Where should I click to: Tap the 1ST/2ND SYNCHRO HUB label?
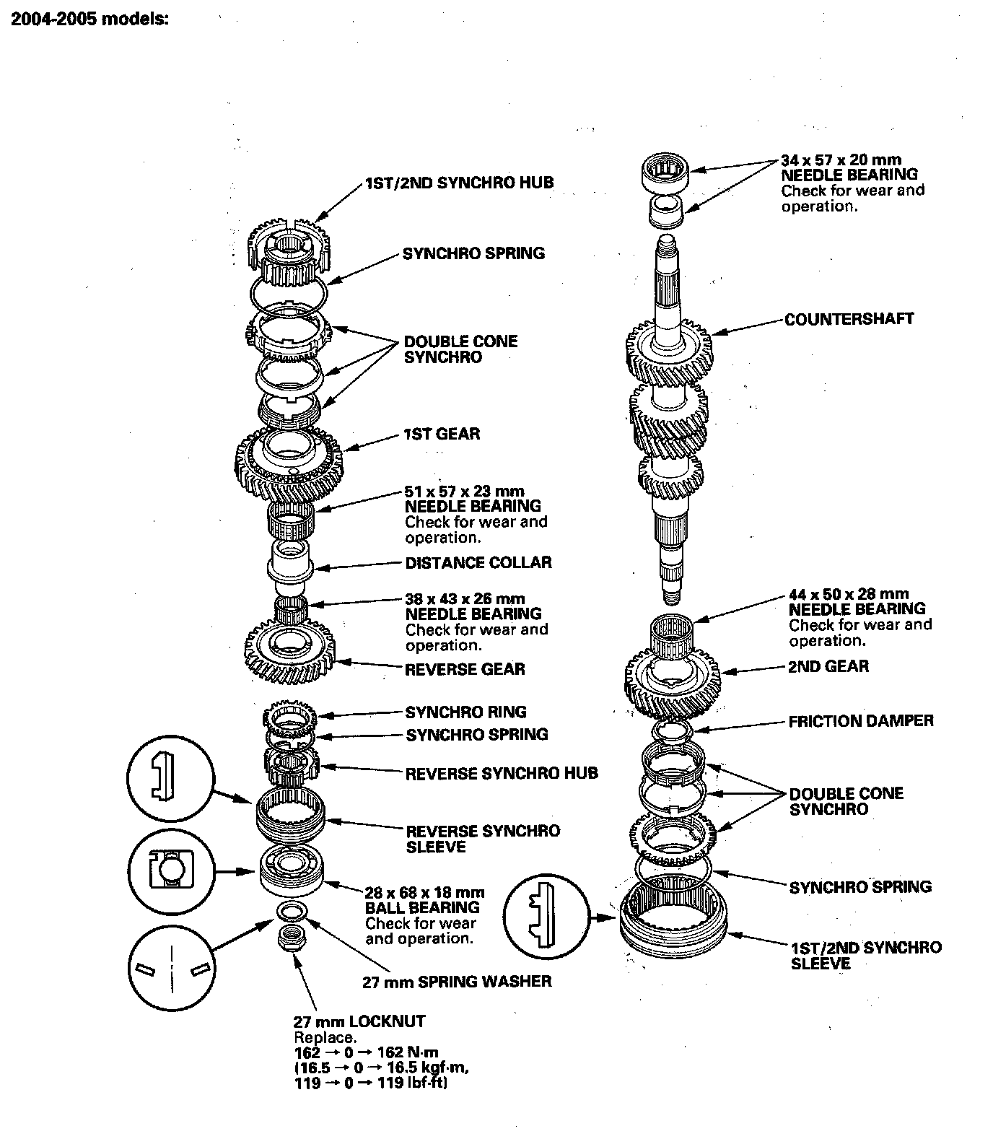[x=460, y=183]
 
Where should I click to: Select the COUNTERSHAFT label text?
[x=849, y=319]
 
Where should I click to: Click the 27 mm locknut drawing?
[x=290, y=938]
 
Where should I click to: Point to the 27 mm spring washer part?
[x=292, y=910]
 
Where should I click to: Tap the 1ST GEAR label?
[x=442, y=434]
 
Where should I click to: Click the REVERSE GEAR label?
[x=465, y=669]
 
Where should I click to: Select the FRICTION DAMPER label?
[x=861, y=721]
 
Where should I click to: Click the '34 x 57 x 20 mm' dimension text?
[x=841, y=159]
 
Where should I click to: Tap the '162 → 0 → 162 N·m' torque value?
[x=366, y=1052]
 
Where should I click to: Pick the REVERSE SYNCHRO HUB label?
[x=502, y=774]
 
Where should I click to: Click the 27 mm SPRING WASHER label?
[x=457, y=982]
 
